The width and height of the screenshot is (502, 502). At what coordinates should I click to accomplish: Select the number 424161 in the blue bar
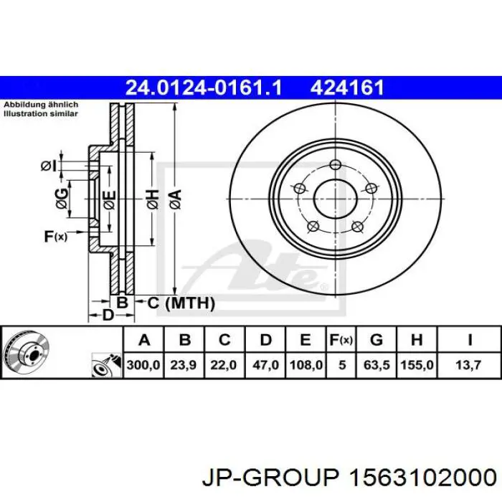[x=346, y=87]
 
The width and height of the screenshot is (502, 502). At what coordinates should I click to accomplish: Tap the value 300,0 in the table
[x=143, y=365]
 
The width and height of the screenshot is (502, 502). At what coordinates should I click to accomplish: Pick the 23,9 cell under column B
[x=184, y=365]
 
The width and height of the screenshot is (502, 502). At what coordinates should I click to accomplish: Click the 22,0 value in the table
[x=224, y=365]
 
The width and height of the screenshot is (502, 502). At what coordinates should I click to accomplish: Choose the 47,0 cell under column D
[x=264, y=365]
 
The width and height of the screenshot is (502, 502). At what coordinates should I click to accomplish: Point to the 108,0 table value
[x=305, y=365]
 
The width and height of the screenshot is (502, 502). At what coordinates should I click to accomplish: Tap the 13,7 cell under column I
[x=469, y=365]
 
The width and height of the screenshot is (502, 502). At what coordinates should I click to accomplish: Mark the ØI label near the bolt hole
[x=47, y=166]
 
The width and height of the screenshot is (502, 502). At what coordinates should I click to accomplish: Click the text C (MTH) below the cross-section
[x=181, y=303]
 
